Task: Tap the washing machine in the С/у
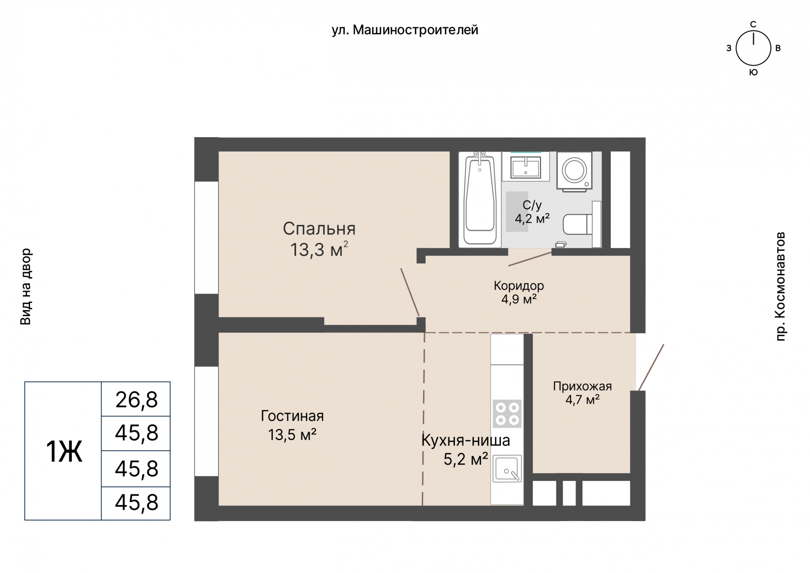coord(574,170)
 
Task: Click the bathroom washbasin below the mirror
coord(525,167)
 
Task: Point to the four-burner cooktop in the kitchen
coord(507,414)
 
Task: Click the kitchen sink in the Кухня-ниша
coord(507,468)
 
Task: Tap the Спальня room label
coord(319,229)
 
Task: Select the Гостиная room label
coord(292,416)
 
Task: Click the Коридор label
coord(519,286)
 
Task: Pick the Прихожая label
coord(582,386)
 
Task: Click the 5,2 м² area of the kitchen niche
coord(466,459)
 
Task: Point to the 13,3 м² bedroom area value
coord(319,249)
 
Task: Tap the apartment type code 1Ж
coord(64,451)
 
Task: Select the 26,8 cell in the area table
coord(136,400)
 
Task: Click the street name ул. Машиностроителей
coord(405,30)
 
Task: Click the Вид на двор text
coord(26,286)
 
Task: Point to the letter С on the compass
coord(753,24)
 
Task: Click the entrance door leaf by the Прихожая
coord(651,368)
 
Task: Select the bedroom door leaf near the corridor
coord(410,292)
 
